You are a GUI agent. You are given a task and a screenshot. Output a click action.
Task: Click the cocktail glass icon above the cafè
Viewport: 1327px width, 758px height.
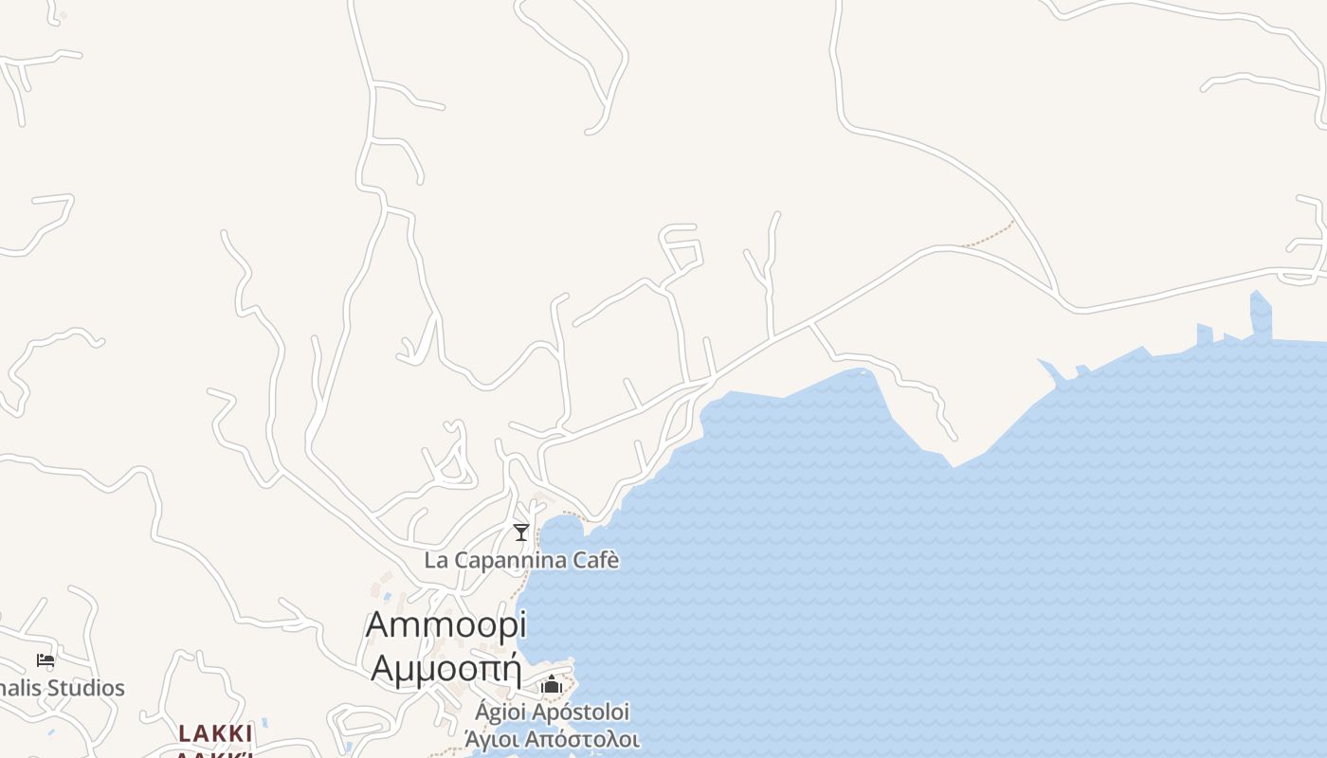point(520,532)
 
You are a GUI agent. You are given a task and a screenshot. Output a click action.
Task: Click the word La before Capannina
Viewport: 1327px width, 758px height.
point(436,560)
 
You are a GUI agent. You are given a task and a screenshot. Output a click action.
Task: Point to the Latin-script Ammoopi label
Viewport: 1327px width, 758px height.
point(445,625)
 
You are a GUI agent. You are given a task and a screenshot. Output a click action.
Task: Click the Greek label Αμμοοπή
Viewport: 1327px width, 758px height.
point(445,668)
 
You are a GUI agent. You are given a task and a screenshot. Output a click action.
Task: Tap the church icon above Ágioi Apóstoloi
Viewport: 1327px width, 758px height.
point(552,684)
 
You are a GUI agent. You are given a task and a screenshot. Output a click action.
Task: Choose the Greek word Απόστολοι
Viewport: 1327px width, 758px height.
point(584,739)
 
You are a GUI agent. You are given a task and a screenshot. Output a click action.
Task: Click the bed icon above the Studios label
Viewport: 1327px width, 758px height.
point(45,660)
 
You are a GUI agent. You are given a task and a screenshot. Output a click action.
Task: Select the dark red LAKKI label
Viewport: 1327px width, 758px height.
point(215,734)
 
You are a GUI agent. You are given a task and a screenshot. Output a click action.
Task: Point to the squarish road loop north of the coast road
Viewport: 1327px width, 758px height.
point(682,246)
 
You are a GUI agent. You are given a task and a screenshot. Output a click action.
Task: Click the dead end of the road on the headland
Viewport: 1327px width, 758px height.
point(954,439)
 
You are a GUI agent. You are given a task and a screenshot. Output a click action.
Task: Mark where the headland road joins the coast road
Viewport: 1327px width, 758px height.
point(811,324)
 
